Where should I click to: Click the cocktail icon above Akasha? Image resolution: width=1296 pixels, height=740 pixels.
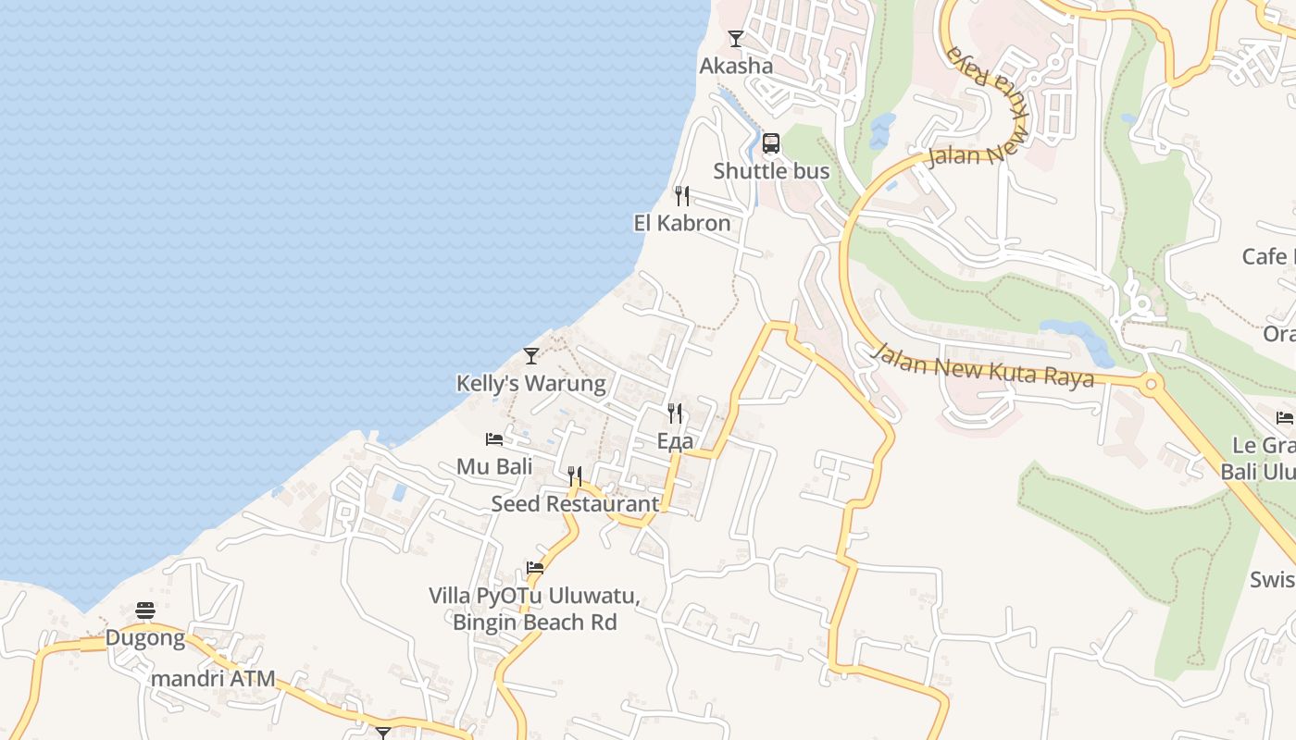coord(736,39)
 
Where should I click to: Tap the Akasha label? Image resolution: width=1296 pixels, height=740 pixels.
coord(736,66)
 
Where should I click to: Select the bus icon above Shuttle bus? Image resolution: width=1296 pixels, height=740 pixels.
coord(771,143)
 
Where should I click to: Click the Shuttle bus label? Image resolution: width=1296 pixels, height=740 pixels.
coord(771,171)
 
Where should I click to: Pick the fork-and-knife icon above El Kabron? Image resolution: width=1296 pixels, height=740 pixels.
coord(682,196)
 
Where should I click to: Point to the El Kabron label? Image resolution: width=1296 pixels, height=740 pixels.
coord(682,223)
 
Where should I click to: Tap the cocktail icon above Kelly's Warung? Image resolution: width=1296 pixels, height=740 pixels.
coord(531,356)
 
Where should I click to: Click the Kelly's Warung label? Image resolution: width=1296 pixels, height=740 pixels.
coord(531,383)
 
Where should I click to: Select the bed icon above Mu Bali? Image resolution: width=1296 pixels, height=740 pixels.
coord(494,439)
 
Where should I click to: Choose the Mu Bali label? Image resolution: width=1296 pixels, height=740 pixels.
coord(494,466)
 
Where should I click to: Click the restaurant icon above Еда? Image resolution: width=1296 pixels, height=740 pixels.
coord(675,413)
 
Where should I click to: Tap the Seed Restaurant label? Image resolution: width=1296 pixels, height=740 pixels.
coord(575,504)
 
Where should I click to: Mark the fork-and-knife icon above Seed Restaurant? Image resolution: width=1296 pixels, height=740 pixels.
coord(575,476)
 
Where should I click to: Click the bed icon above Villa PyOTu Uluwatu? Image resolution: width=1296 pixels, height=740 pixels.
coord(535,568)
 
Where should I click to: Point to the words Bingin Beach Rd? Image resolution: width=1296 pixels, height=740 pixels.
coord(534,622)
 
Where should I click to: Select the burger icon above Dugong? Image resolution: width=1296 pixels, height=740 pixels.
coord(145,610)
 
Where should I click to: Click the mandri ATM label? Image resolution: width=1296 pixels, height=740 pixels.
coord(213,679)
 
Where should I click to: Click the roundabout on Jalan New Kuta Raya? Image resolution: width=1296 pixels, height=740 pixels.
coord(1152,384)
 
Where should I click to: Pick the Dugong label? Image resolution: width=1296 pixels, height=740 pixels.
coord(145,637)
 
